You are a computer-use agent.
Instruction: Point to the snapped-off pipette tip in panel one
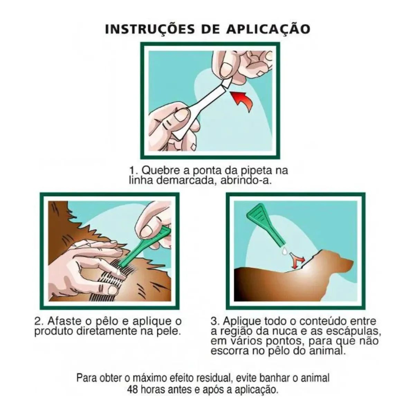[x=227, y=83]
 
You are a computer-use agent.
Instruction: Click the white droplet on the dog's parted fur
[x=119, y=273]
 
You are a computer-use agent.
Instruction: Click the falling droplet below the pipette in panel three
[x=285, y=250]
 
